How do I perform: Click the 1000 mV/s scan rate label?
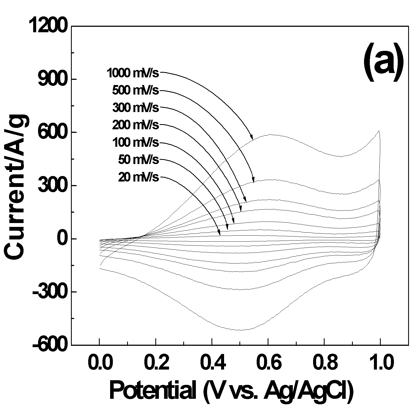[x=133, y=73]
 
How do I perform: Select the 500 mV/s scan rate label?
[x=135, y=90]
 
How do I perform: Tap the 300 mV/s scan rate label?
[x=135, y=107]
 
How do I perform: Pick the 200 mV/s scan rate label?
[x=135, y=125]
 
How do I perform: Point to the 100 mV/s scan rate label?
[x=135, y=142]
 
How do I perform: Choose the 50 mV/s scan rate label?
[x=138, y=160]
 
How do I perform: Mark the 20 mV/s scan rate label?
[x=138, y=177]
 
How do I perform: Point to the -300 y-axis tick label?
[x=50, y=292]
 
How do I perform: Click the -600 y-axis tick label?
[x=50, y=345]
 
